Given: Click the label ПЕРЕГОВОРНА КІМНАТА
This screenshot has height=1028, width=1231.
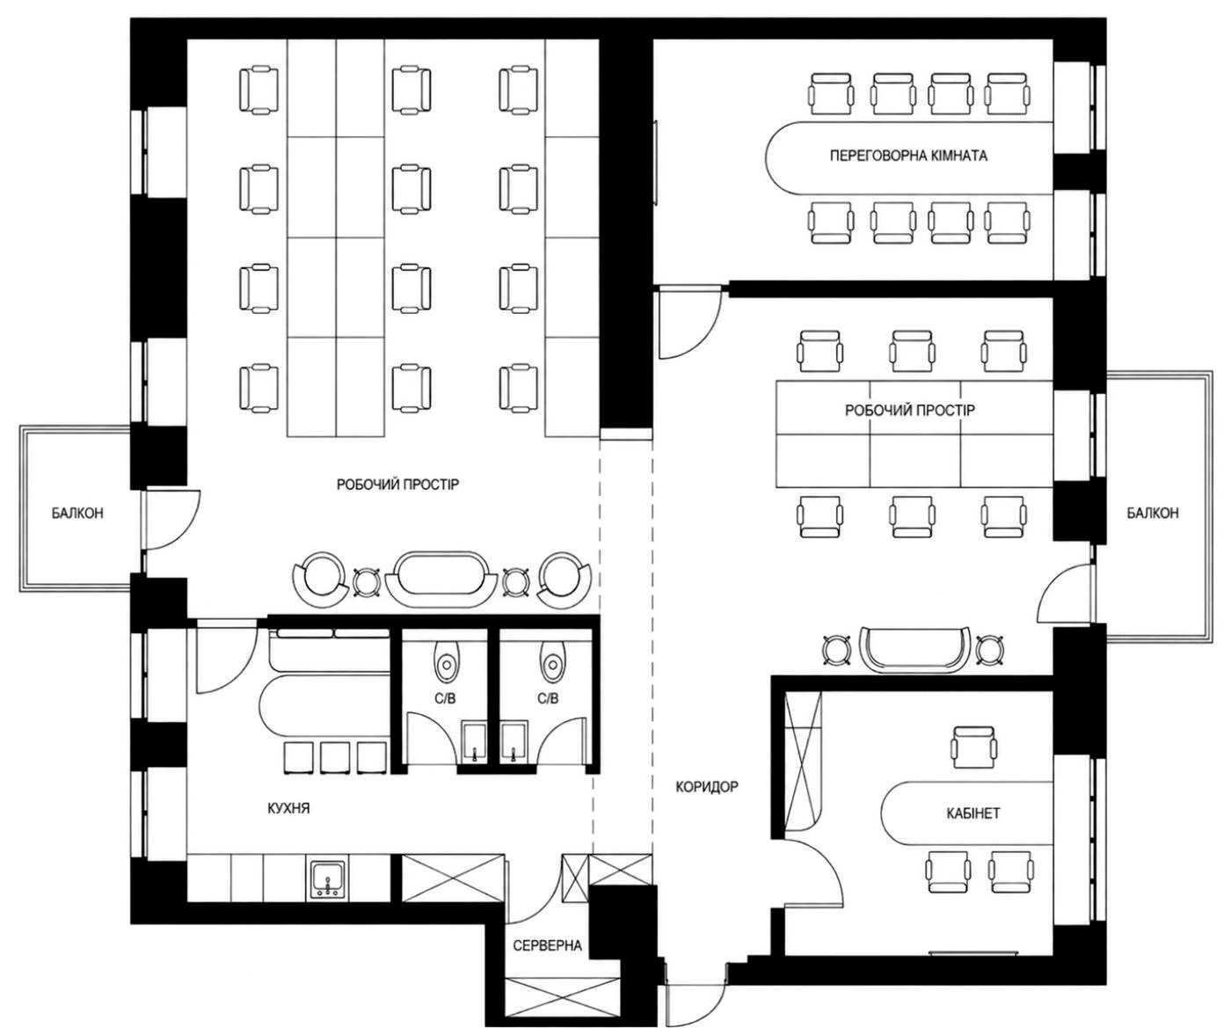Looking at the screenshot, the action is [x=908, y=156].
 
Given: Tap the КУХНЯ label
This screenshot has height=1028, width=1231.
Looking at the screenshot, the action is [x=288, y=808].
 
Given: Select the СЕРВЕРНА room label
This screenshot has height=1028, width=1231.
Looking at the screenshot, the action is [x=547, y=946].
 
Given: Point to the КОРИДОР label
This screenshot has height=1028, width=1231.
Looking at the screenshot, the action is [x=706, y=787].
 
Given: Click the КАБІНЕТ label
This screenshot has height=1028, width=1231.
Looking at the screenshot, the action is [x=972, y=813].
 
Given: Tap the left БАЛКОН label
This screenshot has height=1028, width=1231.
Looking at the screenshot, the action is [x=77, y=513].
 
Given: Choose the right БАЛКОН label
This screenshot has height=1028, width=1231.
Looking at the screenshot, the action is [x=1153, y=513].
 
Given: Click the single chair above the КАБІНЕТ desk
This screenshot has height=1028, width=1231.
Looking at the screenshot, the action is [x=974, y=747].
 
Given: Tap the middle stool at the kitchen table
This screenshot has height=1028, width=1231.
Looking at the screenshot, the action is [x=335, y=757].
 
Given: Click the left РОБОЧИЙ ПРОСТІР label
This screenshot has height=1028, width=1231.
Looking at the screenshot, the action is [x=397, y=485].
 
